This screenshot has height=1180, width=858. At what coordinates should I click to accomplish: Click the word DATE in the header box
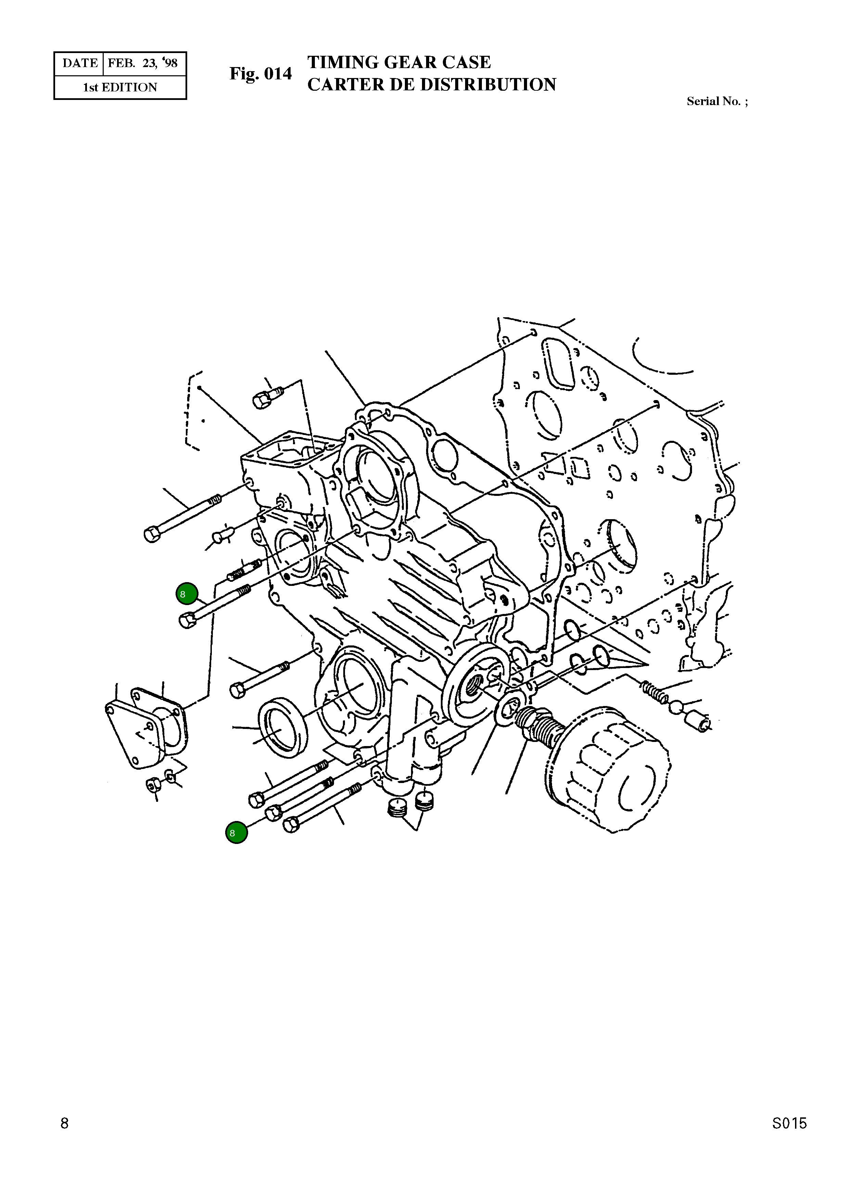pos(80,63)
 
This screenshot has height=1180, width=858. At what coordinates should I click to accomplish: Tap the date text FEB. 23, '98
pos(143,63)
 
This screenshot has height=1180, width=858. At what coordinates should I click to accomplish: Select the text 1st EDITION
pos(120,87)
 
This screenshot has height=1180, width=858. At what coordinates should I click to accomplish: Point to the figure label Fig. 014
pos(261,74)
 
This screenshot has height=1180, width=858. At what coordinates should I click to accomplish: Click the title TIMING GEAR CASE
pos(399,62)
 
